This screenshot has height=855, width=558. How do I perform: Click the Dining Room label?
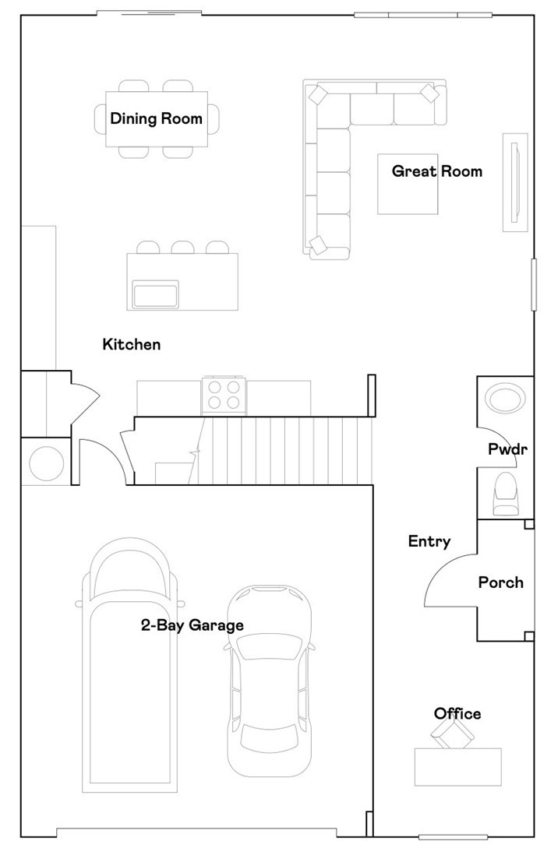(x=156, y=119)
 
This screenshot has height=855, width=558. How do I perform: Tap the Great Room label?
(x=436, y=171)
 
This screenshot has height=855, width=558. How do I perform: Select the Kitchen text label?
(x=132, y=344)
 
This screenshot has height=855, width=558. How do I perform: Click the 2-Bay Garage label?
(x=192, y=625)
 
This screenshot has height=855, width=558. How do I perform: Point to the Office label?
(x=457, y=714)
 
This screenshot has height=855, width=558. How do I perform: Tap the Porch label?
(x=500, y=582)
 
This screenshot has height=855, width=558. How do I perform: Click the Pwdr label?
(x=503, y=449)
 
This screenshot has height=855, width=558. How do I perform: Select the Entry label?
(x=429, y=542)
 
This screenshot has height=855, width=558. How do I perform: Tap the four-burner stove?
(x=224, y=396)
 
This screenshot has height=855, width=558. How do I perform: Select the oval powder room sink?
(x=505, y=399)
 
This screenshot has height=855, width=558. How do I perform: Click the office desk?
(x=457, y=767)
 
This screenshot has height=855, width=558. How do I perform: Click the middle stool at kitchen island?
(x=182, y=248)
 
